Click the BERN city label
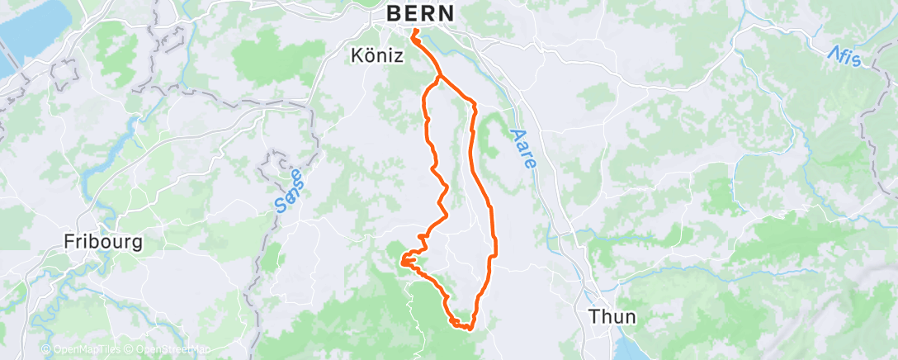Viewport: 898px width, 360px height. (421, 14)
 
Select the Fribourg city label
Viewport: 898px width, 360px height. (104, 243)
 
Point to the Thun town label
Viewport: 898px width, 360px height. (612, 315)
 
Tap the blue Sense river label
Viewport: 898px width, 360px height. (288, 191)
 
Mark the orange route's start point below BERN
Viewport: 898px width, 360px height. (414, 32)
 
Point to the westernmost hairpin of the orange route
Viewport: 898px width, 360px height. (402, 263)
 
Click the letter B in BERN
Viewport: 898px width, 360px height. (395, 14)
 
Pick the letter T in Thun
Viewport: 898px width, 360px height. (593, 315)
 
